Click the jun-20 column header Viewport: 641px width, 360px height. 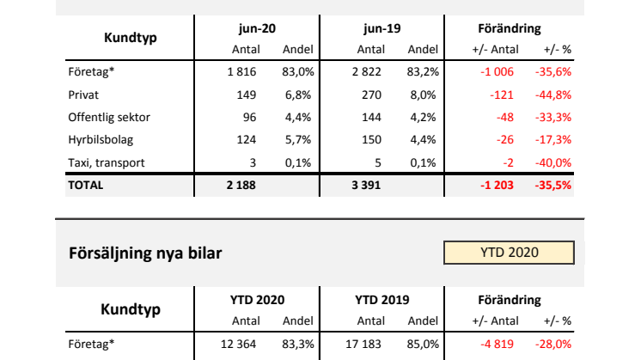point(257,29)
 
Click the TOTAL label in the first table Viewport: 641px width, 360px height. point(85,185)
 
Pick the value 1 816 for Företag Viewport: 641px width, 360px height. point(241,72)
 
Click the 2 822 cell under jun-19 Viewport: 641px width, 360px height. point(366,72)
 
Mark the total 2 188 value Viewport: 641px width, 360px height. point(240,185)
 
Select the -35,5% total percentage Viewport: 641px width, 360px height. point(554,185)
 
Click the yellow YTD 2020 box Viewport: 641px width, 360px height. point(509,253)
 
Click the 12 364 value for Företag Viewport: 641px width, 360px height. point(238,345)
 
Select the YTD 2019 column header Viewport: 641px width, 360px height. point(381,301)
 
